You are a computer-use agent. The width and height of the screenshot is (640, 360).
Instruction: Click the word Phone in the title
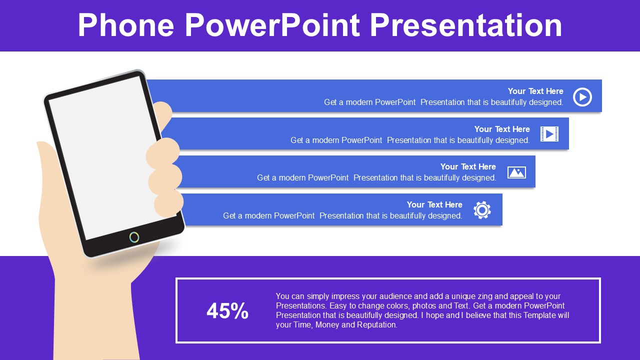click(x=126, y=25)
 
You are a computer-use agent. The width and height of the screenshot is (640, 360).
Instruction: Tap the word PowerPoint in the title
click(x=272, y=25)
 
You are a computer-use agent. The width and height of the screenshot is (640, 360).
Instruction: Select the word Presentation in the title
click(x=466, y=25)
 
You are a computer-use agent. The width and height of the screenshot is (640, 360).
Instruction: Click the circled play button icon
click(x=582, y=97)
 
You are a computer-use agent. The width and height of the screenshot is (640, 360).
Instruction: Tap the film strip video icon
click(x=549, y=134)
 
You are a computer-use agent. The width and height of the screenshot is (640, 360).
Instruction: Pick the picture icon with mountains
click(x=516, y=172)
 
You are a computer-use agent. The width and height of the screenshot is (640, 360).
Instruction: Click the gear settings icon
click(x=482, y=210)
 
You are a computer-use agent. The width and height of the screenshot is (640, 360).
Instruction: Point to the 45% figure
click(x=227, y=311)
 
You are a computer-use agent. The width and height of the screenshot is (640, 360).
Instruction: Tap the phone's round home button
click(x=134, y=237)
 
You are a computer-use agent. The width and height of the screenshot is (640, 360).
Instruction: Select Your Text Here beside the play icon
click(x=535, y=91)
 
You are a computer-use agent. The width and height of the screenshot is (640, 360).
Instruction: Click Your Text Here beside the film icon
click(x=502, y=129)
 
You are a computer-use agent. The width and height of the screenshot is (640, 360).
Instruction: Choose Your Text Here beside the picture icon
click(x=468, y=166)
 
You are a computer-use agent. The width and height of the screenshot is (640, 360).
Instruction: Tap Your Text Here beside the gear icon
click(x=434, y=204)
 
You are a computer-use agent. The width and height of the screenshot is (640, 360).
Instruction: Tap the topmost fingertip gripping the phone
click(x=163, y=111)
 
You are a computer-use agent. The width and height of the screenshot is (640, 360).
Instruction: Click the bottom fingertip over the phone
click(x=168, y=203)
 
